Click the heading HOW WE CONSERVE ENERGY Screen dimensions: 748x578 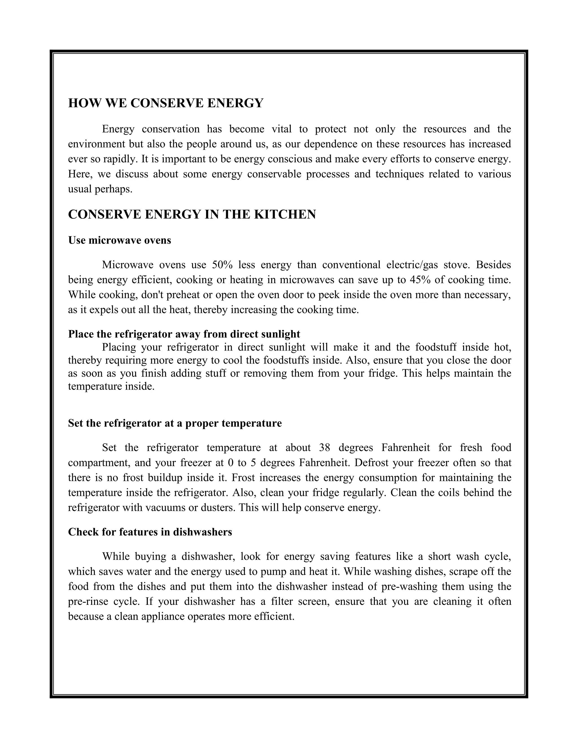[166, 103]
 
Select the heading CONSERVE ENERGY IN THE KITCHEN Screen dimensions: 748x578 [192, 215]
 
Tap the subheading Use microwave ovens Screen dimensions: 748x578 [119, 240]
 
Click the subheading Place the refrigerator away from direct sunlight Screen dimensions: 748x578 [184, 334]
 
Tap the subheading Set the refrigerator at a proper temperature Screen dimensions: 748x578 [175, 423]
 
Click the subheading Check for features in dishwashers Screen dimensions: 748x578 [150, 532]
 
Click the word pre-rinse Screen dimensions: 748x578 [86, 602]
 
